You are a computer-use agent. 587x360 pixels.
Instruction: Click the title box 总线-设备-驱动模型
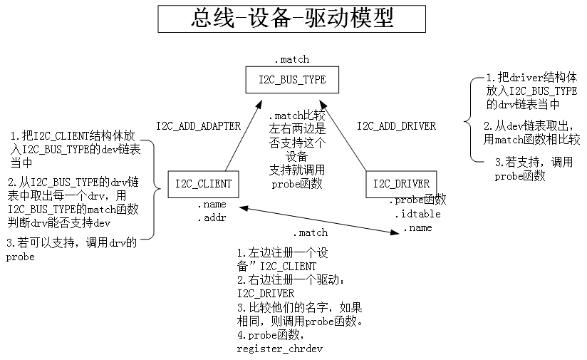click(x=291, y=19)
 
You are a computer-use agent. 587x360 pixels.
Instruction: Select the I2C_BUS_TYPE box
click(x=291, y=80)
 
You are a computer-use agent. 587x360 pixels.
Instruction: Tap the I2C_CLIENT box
click(x=203, y=184)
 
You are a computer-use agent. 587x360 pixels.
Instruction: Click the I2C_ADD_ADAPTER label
click(x=198, y=126)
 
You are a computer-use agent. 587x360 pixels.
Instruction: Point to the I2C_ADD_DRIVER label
click(x=396, y=126)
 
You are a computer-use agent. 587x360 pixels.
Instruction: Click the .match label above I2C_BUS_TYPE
click(x=291, y=60)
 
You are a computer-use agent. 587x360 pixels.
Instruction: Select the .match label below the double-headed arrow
click(x=310, y=232)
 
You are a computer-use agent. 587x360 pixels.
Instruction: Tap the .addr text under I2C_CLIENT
click(x=212, y=217)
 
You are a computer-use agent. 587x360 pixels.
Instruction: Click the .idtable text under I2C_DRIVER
click(x=417, y=214)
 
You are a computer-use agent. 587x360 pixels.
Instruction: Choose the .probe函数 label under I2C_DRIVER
click(x=417, y=200)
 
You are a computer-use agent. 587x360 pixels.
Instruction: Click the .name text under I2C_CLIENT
click(x=212, y=205)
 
